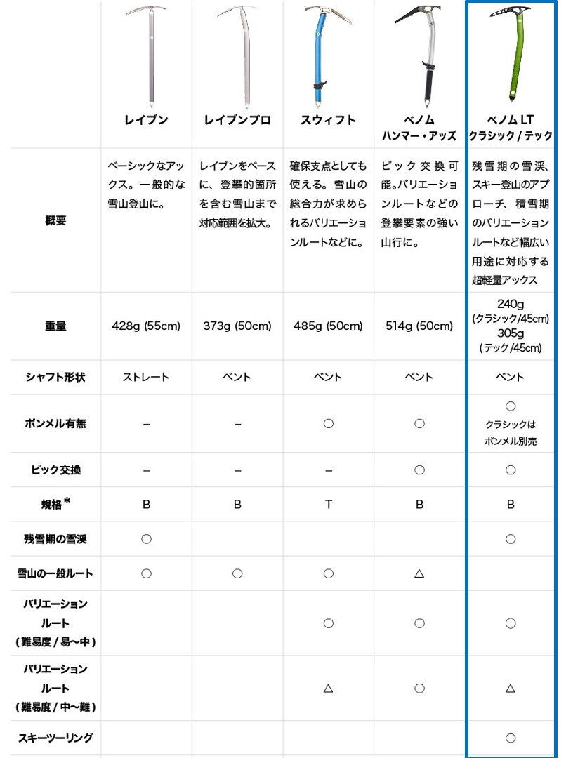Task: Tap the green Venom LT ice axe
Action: pos(516,53)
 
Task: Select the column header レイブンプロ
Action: pos(237,120)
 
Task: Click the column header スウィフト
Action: pos(328,120)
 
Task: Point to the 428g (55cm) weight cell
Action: pos(146,326)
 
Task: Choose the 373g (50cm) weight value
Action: pos(237,326)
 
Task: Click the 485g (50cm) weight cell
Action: pos(328,326)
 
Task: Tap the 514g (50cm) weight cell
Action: pos(419,326)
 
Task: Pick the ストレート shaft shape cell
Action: pos(146,377)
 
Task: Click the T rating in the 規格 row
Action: pos(328,504)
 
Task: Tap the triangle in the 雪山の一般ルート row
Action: pos(419,573)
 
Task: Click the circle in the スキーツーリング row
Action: pos(511,738)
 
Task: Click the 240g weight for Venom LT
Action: pos(511,304)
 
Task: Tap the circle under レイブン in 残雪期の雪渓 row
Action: pos(146,539)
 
